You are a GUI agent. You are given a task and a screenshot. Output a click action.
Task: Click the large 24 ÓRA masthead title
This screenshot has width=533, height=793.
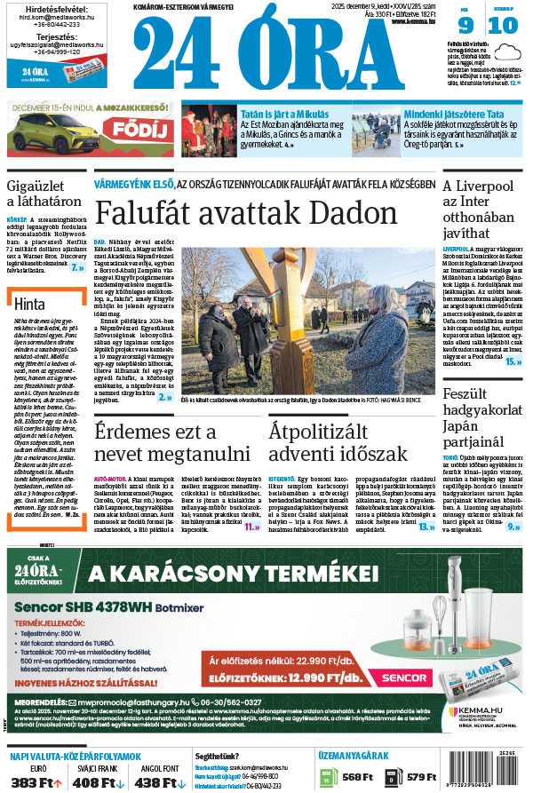coord(286,54)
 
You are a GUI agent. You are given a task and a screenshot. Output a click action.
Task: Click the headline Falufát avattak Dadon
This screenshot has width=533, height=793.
coord(247,214)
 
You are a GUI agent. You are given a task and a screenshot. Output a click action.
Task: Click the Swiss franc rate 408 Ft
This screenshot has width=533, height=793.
coord(93,782)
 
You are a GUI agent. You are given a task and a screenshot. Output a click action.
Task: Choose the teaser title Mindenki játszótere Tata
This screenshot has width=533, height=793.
coord(454,115)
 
